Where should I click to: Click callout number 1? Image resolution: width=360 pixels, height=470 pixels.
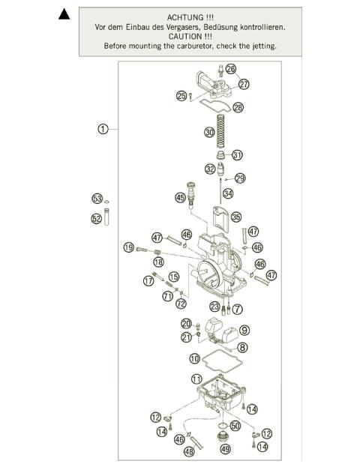coord(103,129)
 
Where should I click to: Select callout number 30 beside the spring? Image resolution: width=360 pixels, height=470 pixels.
coord(209,132)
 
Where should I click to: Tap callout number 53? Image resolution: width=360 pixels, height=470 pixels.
coord(97,199)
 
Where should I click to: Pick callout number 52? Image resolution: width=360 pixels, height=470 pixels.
coord(97,219)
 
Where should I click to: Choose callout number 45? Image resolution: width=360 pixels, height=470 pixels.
coord(179,197)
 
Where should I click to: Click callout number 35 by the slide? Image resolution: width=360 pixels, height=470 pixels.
coord(236,217)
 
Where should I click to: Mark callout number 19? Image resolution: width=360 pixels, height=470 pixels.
coord(129,248)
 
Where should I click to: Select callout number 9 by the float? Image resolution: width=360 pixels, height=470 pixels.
coord(244,330)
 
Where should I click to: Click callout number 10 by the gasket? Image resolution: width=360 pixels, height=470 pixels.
coord(194,358)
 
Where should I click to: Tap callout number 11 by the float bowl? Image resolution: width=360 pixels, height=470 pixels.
coord(197,379)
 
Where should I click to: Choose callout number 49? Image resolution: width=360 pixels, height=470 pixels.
coord(223,450)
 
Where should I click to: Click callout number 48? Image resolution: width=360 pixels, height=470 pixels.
coord(189,451)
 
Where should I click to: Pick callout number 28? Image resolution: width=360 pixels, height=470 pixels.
coord(238,108)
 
